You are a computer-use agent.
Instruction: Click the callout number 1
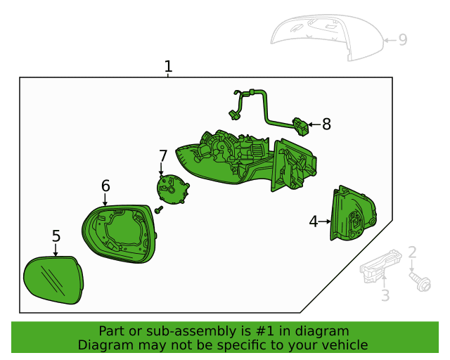coord(168,67)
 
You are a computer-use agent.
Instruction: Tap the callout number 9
coord(403,40)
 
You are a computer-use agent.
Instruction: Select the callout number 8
coord(326,124)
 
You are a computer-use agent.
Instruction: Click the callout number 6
coord(105,186)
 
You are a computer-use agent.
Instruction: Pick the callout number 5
coord(56,237)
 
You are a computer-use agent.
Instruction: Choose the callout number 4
coord(314,221)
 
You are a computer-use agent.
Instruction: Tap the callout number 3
coord(385,296)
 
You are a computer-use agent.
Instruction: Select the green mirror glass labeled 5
coord(53,281)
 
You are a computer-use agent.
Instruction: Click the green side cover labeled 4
coord(354,214)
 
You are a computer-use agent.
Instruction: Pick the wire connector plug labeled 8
coord(301,127)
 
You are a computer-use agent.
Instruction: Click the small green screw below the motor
coord(159,210)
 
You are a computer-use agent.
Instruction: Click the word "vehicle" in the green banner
coord(342,345)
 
